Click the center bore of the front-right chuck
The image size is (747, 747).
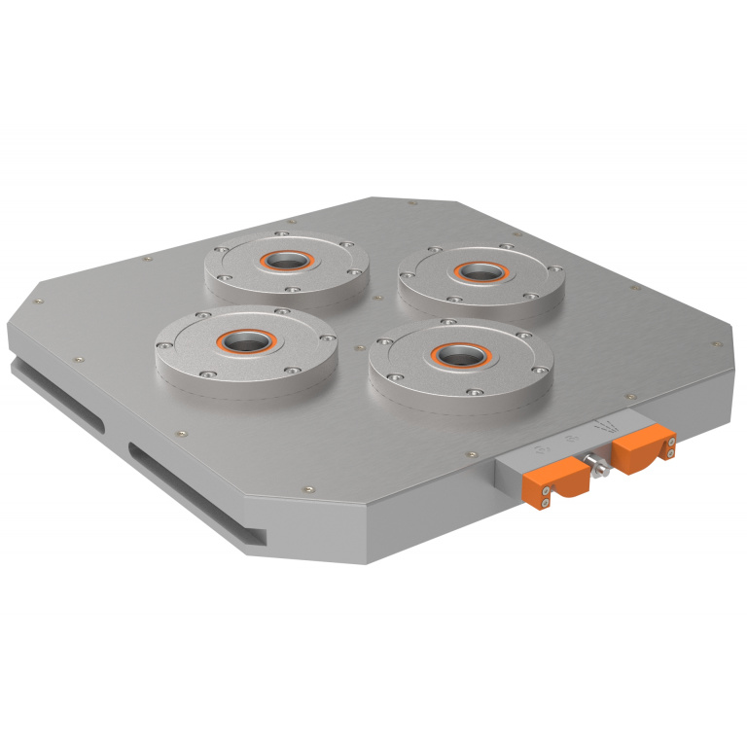pos(452,355)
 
